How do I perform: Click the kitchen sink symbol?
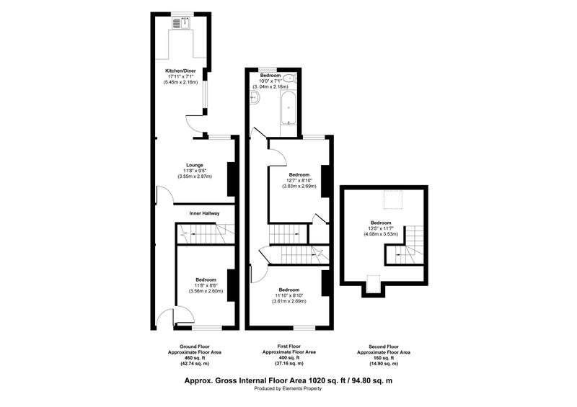click(x=181, y=23)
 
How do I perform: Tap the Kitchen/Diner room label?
click(x=180, y=71)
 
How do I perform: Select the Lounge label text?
click(x=195, y=165)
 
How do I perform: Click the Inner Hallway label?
click(x=204, y=213)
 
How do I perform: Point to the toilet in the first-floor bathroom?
click(x=293, y=78)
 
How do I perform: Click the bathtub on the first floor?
click(x=288, y=107)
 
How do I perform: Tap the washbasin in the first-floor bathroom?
click(x=255, y=98)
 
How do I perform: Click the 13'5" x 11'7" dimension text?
click(x=381, y=228)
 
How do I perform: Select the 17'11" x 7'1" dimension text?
click(x=180, y=76)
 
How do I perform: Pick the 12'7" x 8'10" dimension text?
click(x=299, y=180)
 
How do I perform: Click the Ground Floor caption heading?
click(x=195, y=346)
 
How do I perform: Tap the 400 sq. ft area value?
click(x=288, y=357)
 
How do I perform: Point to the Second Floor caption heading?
click(x=384, y=346)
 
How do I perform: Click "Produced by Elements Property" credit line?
click(x=288, y=388)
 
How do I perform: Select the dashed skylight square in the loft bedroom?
click(x=393, y=200)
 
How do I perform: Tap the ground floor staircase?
click(x=206, y=233)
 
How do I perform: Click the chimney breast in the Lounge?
click(x=231, y=179)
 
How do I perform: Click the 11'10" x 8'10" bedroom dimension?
click(x=289, y=295)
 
